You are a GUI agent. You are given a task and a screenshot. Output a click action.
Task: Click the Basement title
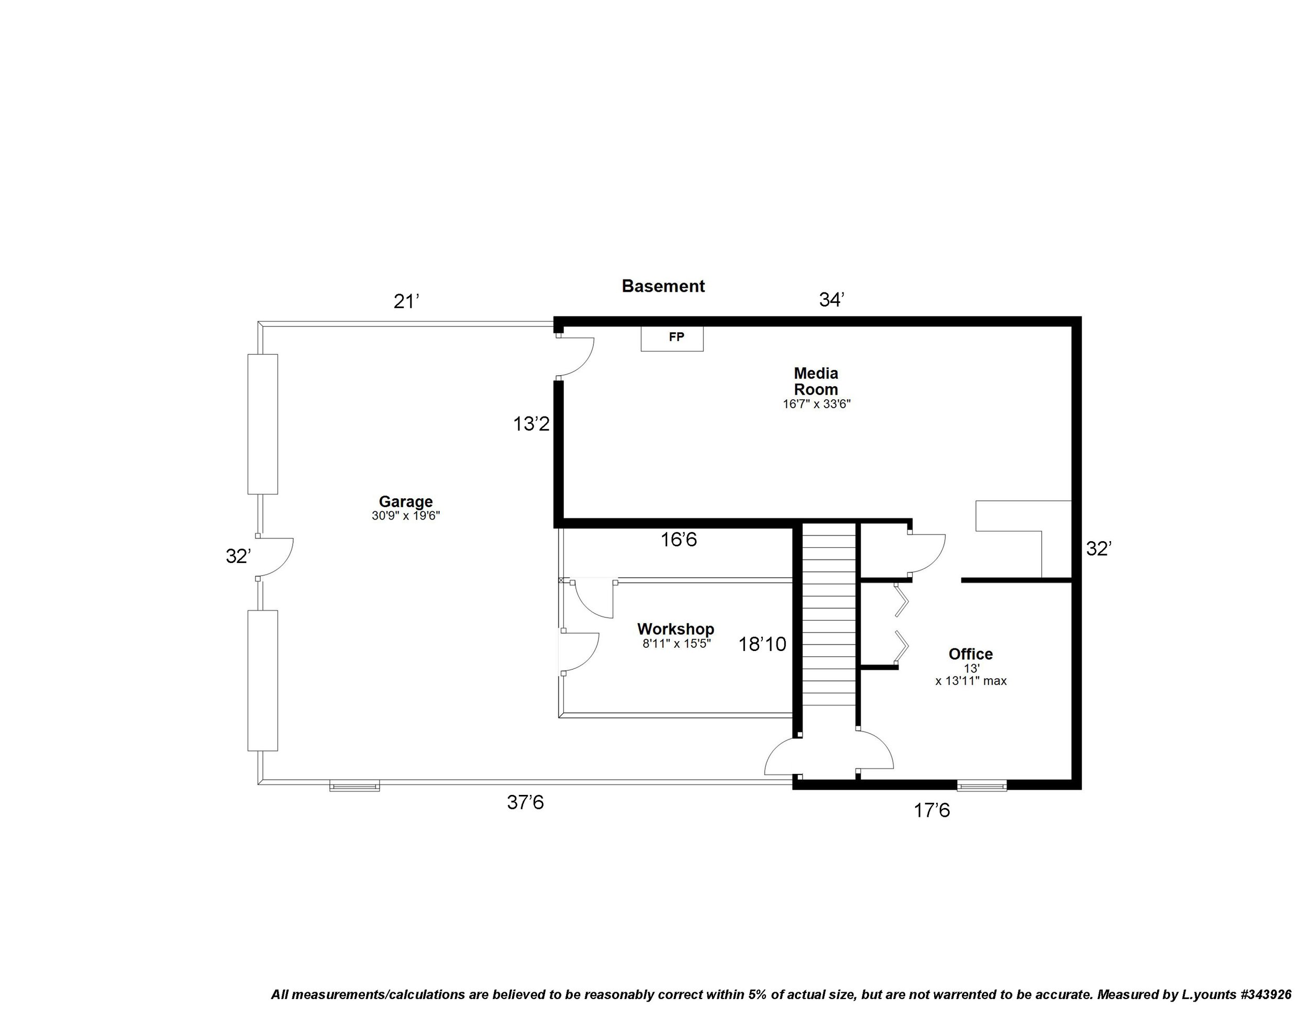pos(663,286)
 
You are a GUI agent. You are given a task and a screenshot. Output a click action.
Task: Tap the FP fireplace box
pos(672,338)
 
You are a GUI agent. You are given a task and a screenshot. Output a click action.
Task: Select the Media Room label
pos(816,381)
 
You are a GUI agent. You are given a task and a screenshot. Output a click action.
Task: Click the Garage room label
pos(405,501)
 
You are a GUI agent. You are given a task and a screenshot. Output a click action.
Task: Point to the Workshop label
pos(675,629)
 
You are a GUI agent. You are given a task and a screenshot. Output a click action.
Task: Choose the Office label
pos(970,654)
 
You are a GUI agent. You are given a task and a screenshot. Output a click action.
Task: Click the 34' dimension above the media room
pos(831,300)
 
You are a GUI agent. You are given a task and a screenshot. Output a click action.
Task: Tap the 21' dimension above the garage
pos(405,302)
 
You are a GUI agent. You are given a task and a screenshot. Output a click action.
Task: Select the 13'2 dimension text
pos(531,424)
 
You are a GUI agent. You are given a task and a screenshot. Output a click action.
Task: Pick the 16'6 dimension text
pos(679,540)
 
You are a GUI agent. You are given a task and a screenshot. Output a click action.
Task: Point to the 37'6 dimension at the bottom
pos(525,803)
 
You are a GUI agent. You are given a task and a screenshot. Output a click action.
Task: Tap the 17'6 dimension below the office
pos(931,811)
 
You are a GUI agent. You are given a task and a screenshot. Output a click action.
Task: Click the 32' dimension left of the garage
pos(237,556)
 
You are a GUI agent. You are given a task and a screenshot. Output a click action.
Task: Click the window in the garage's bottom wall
pos(354,786)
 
